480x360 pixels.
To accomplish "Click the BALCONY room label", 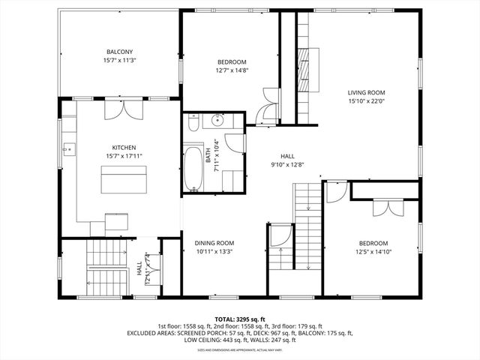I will tap(119, 51).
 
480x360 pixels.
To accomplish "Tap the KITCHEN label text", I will tap(124, 147).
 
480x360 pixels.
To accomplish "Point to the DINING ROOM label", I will tap(214, 243).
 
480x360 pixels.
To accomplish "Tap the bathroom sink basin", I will tap(217, 121).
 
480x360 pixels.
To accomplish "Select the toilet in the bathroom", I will tap(193, 124).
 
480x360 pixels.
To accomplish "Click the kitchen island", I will tap(124, 179).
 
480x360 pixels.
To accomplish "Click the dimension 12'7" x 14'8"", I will tap(232, 71).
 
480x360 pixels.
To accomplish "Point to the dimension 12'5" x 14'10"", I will tap(373, 252).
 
